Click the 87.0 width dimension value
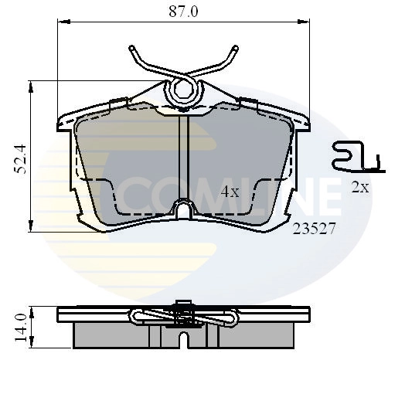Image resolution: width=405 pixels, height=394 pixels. click(x=183, y=12)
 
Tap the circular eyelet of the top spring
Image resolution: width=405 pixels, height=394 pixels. click(x=184, y=89)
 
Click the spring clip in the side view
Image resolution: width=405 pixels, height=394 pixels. click(x=184, y=315)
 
